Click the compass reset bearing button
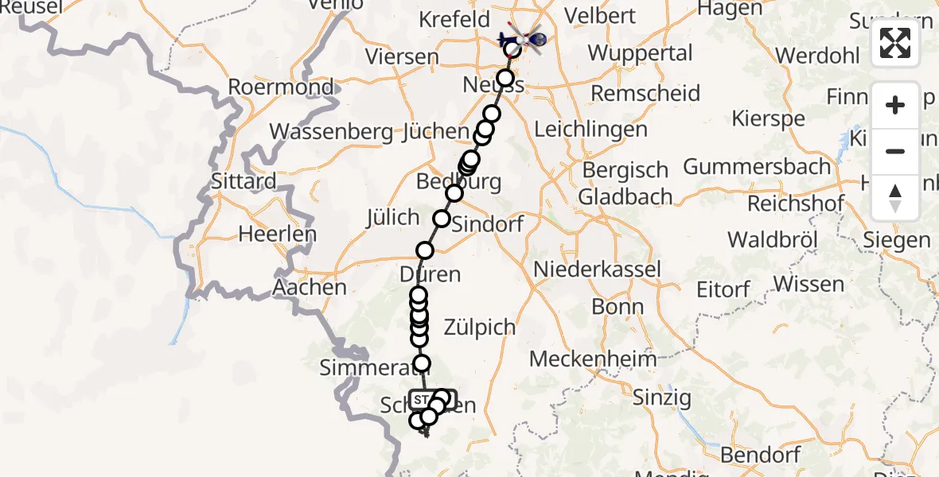click(895, 198)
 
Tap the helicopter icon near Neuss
click(522, 37)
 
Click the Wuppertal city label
click(640, 53)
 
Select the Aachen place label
click(310, 287)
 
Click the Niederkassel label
click(597, 269)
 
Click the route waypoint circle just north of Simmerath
click(421, 363)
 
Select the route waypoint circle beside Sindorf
click(441, 219)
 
